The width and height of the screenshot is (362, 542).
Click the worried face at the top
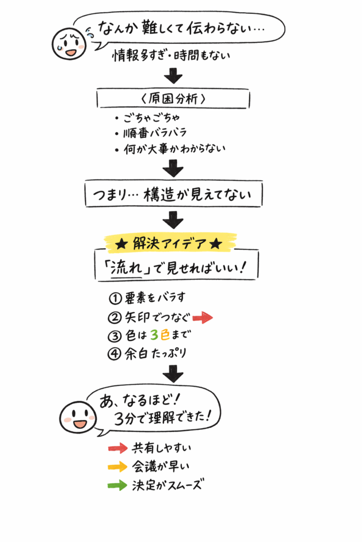69,44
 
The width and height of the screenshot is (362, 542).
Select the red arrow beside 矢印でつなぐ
202,318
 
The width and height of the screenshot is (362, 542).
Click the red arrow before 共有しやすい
118,448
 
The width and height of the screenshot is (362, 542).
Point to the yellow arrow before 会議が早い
118,467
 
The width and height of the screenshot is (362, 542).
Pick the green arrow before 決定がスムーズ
118,485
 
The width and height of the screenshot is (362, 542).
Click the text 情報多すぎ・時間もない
172,56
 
